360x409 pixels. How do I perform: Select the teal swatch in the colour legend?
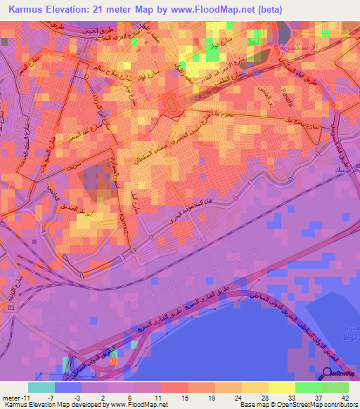[41, 387]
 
